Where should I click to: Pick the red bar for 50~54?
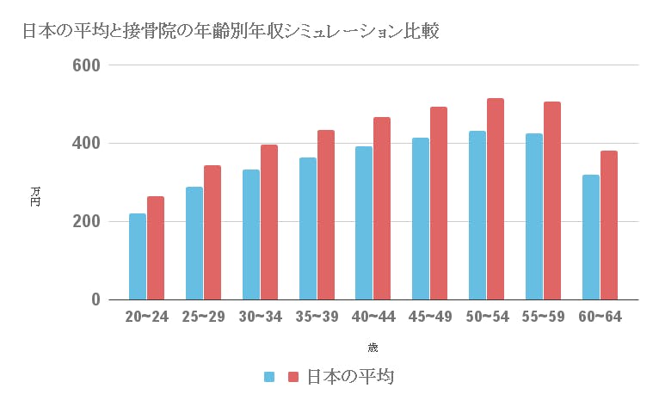pyautogui.click(x=495, y=199)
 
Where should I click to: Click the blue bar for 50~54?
pyautogui.click(x=477, y=215)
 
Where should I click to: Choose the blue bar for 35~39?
pyautogui.click(x=307, y=229)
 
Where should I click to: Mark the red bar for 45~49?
pyautogui.click(x=439, y=203)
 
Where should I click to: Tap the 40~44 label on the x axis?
pyautogui.click(x=373, y=318)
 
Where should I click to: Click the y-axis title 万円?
pyautogui.click(x=35, y=195)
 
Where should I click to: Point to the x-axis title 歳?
pyautogui.click(x=373, y=348)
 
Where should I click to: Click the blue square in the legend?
pyautogui.click(x=269, y=377)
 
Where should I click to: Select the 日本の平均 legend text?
pyautogui.click(x=348, y=377)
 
